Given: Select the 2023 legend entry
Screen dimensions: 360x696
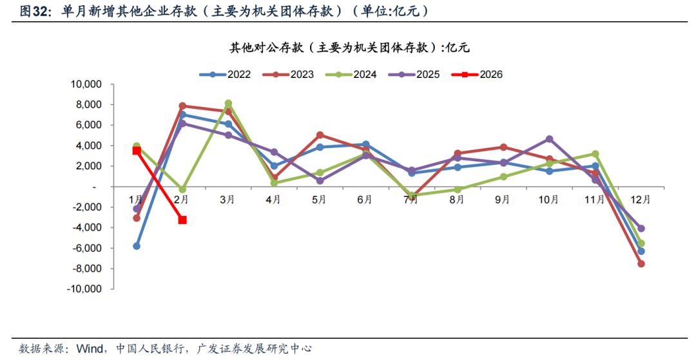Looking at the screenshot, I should [x=287, y=74].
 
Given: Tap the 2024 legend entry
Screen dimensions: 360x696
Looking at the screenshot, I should [x=351, y=74].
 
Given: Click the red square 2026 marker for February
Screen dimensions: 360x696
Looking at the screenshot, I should [x=182, y=220].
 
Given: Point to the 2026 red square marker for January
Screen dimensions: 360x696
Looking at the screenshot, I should [x=137, y=151].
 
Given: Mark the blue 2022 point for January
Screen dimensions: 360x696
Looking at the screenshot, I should [x=137, y=246].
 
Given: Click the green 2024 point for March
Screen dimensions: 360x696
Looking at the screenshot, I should [x=228, y=103].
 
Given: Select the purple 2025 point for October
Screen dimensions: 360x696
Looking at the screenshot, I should [x=549, y=139].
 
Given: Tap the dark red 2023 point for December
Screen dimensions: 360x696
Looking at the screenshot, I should [x=641, y=264].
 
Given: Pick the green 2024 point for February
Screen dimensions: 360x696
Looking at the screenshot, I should [x=182, y=189].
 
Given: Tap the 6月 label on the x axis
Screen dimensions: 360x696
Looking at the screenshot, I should [x=365, y=200].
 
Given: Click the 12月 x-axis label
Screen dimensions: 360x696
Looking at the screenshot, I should [x=640, y=200].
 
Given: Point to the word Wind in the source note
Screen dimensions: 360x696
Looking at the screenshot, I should [x=90, y=348].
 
